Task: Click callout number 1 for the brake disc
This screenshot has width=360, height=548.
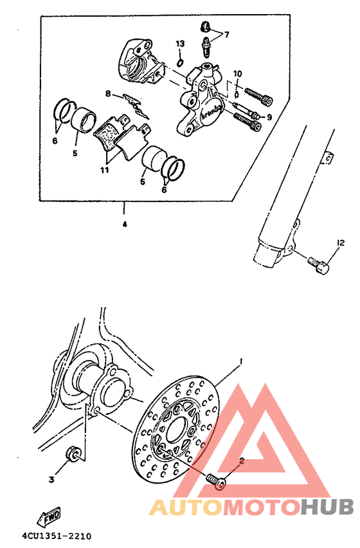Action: click(x=241, y=362)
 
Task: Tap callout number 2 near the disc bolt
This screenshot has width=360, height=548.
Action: click(x=242, y=461)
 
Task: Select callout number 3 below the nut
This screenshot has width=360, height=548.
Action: click(x=52, y=479)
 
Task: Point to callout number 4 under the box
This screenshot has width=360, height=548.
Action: click(x=125, y=224)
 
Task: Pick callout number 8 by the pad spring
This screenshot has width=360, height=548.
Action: click(x=109, y=94)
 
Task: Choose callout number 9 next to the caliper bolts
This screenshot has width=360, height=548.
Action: click(x=269, y=116)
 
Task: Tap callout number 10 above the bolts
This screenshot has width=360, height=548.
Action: click(x=237, y=73)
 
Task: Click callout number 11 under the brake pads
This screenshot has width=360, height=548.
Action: click(x=104, y=170)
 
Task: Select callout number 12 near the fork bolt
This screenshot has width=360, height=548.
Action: click(x=339, y=243)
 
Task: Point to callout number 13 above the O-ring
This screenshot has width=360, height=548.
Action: click(x=180, y=43)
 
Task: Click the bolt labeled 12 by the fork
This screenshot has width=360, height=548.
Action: click(x=318, y=264)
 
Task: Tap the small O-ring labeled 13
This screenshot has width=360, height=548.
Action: click(x=181, y=62)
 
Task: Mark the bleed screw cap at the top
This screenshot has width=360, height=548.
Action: click(x=205, y=26)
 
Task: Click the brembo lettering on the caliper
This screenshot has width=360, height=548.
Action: click(x=210, y=113)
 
